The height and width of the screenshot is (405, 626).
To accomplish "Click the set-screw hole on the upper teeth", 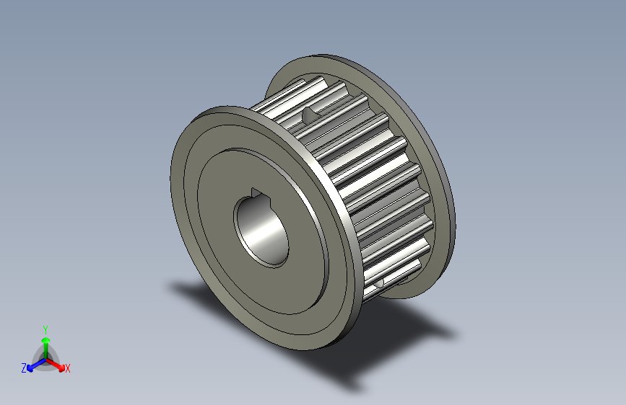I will [310, 114].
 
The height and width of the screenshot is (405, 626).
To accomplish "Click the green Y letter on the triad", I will [45, 327].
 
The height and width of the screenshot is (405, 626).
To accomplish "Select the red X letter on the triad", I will [68, 369].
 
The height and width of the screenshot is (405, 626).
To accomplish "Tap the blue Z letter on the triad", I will [24, 368].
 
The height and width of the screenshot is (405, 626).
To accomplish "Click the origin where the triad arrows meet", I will [45, 358].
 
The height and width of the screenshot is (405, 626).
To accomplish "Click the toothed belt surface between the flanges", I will [361, 180].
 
